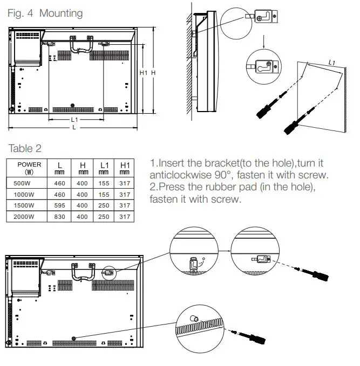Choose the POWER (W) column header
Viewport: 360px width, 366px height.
coord(29,168)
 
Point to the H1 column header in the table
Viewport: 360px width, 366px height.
coord(125,168)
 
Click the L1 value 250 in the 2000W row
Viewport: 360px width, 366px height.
coord(104,217)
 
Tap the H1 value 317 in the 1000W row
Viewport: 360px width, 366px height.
coord(125,195)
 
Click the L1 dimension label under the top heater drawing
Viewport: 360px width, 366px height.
coord(74,119)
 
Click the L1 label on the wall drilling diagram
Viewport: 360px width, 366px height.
coord(331,63)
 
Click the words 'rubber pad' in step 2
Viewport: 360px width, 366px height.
coord(239,188)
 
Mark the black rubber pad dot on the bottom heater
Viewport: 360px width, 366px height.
coord(73,339)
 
